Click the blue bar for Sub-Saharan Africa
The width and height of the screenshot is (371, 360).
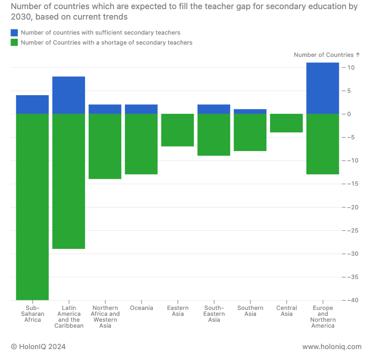(x=32, y=104)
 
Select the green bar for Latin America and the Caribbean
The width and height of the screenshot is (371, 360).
(x=69, y=181)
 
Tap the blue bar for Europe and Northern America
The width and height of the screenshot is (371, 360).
(x=323, y=88)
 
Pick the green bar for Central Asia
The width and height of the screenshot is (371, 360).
(x=286, y=123)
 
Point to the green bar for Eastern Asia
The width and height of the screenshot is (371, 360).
(x=177, y=130)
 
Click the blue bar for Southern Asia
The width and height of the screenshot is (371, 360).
(x=250, y=112)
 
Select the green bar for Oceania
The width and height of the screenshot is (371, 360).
(x=141, y=144)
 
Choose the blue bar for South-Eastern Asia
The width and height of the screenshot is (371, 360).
(x=214, y=109)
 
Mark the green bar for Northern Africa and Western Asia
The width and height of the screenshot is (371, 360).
(x=105, y=146)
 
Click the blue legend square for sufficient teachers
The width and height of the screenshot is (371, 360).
(x=14, y=33)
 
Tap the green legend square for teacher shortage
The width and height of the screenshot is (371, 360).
(x=14, y=42)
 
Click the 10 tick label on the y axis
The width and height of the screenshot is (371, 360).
(x=351, y=67)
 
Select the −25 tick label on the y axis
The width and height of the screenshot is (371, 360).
(x=350, y=230)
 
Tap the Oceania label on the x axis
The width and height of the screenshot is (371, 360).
(x=141, y=308)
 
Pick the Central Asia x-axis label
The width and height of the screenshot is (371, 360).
(x=286, y=311)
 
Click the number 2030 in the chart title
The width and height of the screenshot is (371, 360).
(x=21, y=17)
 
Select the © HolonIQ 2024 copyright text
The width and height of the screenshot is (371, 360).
(x=38, y=346)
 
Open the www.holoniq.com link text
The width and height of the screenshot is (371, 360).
(x=332, y=346)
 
